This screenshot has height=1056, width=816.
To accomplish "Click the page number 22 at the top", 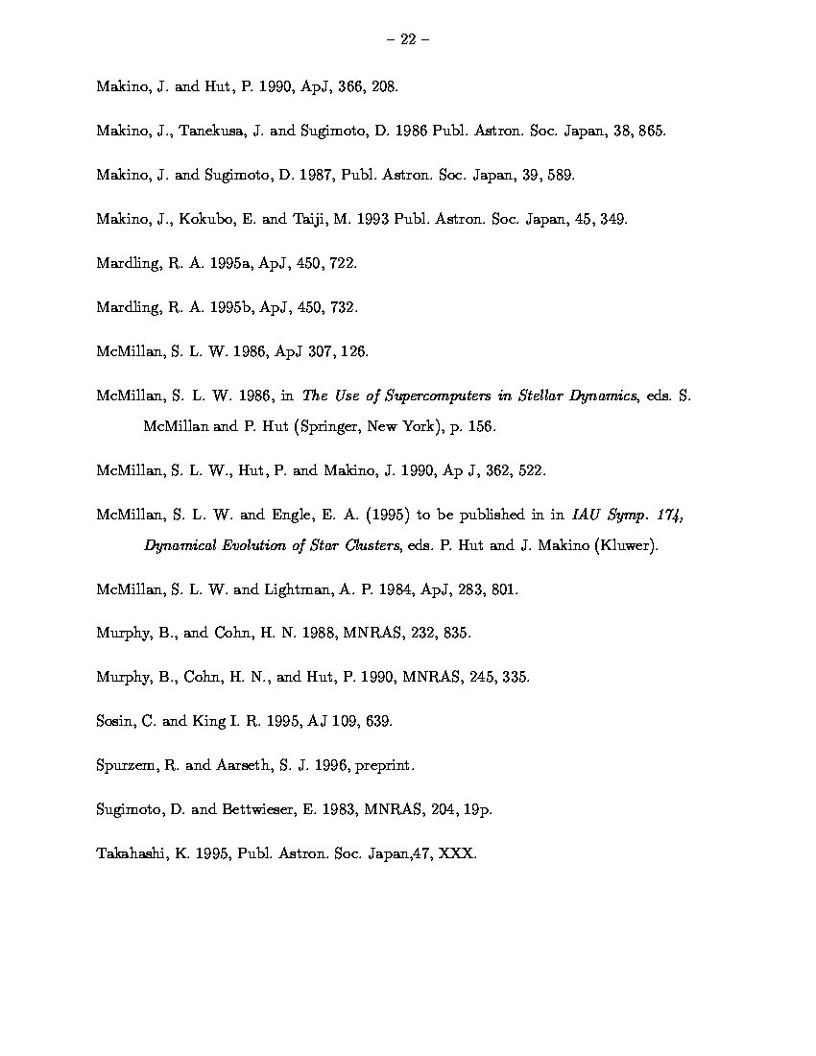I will [x=407, y=39].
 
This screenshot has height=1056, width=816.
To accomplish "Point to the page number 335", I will [x=515, y=677].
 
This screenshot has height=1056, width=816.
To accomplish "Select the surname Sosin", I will [x=115, y=721].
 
